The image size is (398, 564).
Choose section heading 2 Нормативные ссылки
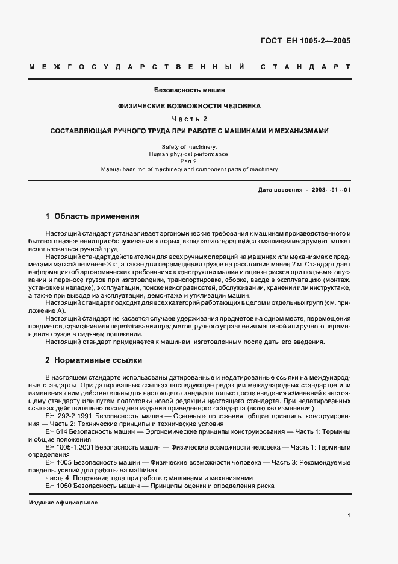[94, 360]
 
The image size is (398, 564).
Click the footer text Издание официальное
[63, 503]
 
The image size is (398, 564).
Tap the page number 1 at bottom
[349, 515]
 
